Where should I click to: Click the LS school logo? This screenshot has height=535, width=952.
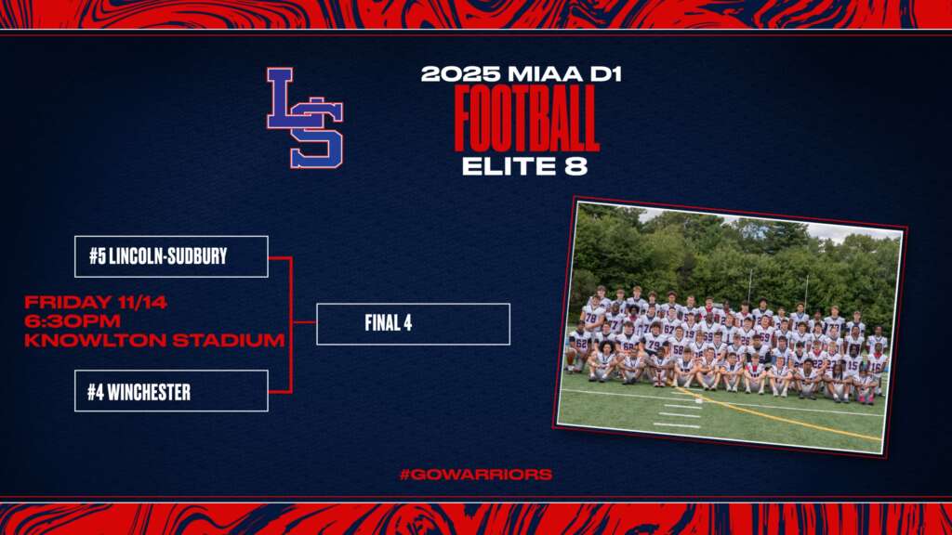point(305,118)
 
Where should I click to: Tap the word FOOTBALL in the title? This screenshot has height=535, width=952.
point(526,118)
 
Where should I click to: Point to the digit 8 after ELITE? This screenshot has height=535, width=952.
point(576,166)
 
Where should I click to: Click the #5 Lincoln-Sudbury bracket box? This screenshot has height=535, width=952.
point(171,256)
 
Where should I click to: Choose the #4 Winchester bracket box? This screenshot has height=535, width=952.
point(171,391)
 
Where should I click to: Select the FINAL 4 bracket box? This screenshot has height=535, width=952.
point(413,324)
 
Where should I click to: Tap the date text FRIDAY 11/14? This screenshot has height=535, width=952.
point(96,302)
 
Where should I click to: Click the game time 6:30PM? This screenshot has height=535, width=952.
point(73,320)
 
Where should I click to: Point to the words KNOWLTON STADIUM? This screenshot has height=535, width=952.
point(154,340)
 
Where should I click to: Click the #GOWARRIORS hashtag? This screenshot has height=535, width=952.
point(476,475)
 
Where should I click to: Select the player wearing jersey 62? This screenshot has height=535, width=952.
point(579,346)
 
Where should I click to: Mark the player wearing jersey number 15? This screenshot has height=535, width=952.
point(852,368)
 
